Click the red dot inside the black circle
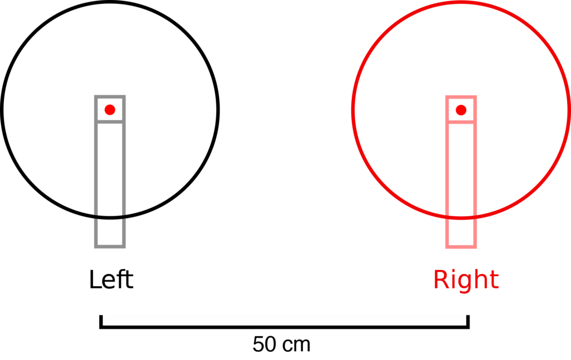[110, 110]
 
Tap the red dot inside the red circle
[461, 110]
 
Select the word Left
[111, 280]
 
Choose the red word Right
[466, 280]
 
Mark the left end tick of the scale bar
[101, 322]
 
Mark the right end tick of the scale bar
[468, 322]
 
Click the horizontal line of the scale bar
[284, 327]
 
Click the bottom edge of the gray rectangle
[110, 247]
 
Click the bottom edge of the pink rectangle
[461, 247]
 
